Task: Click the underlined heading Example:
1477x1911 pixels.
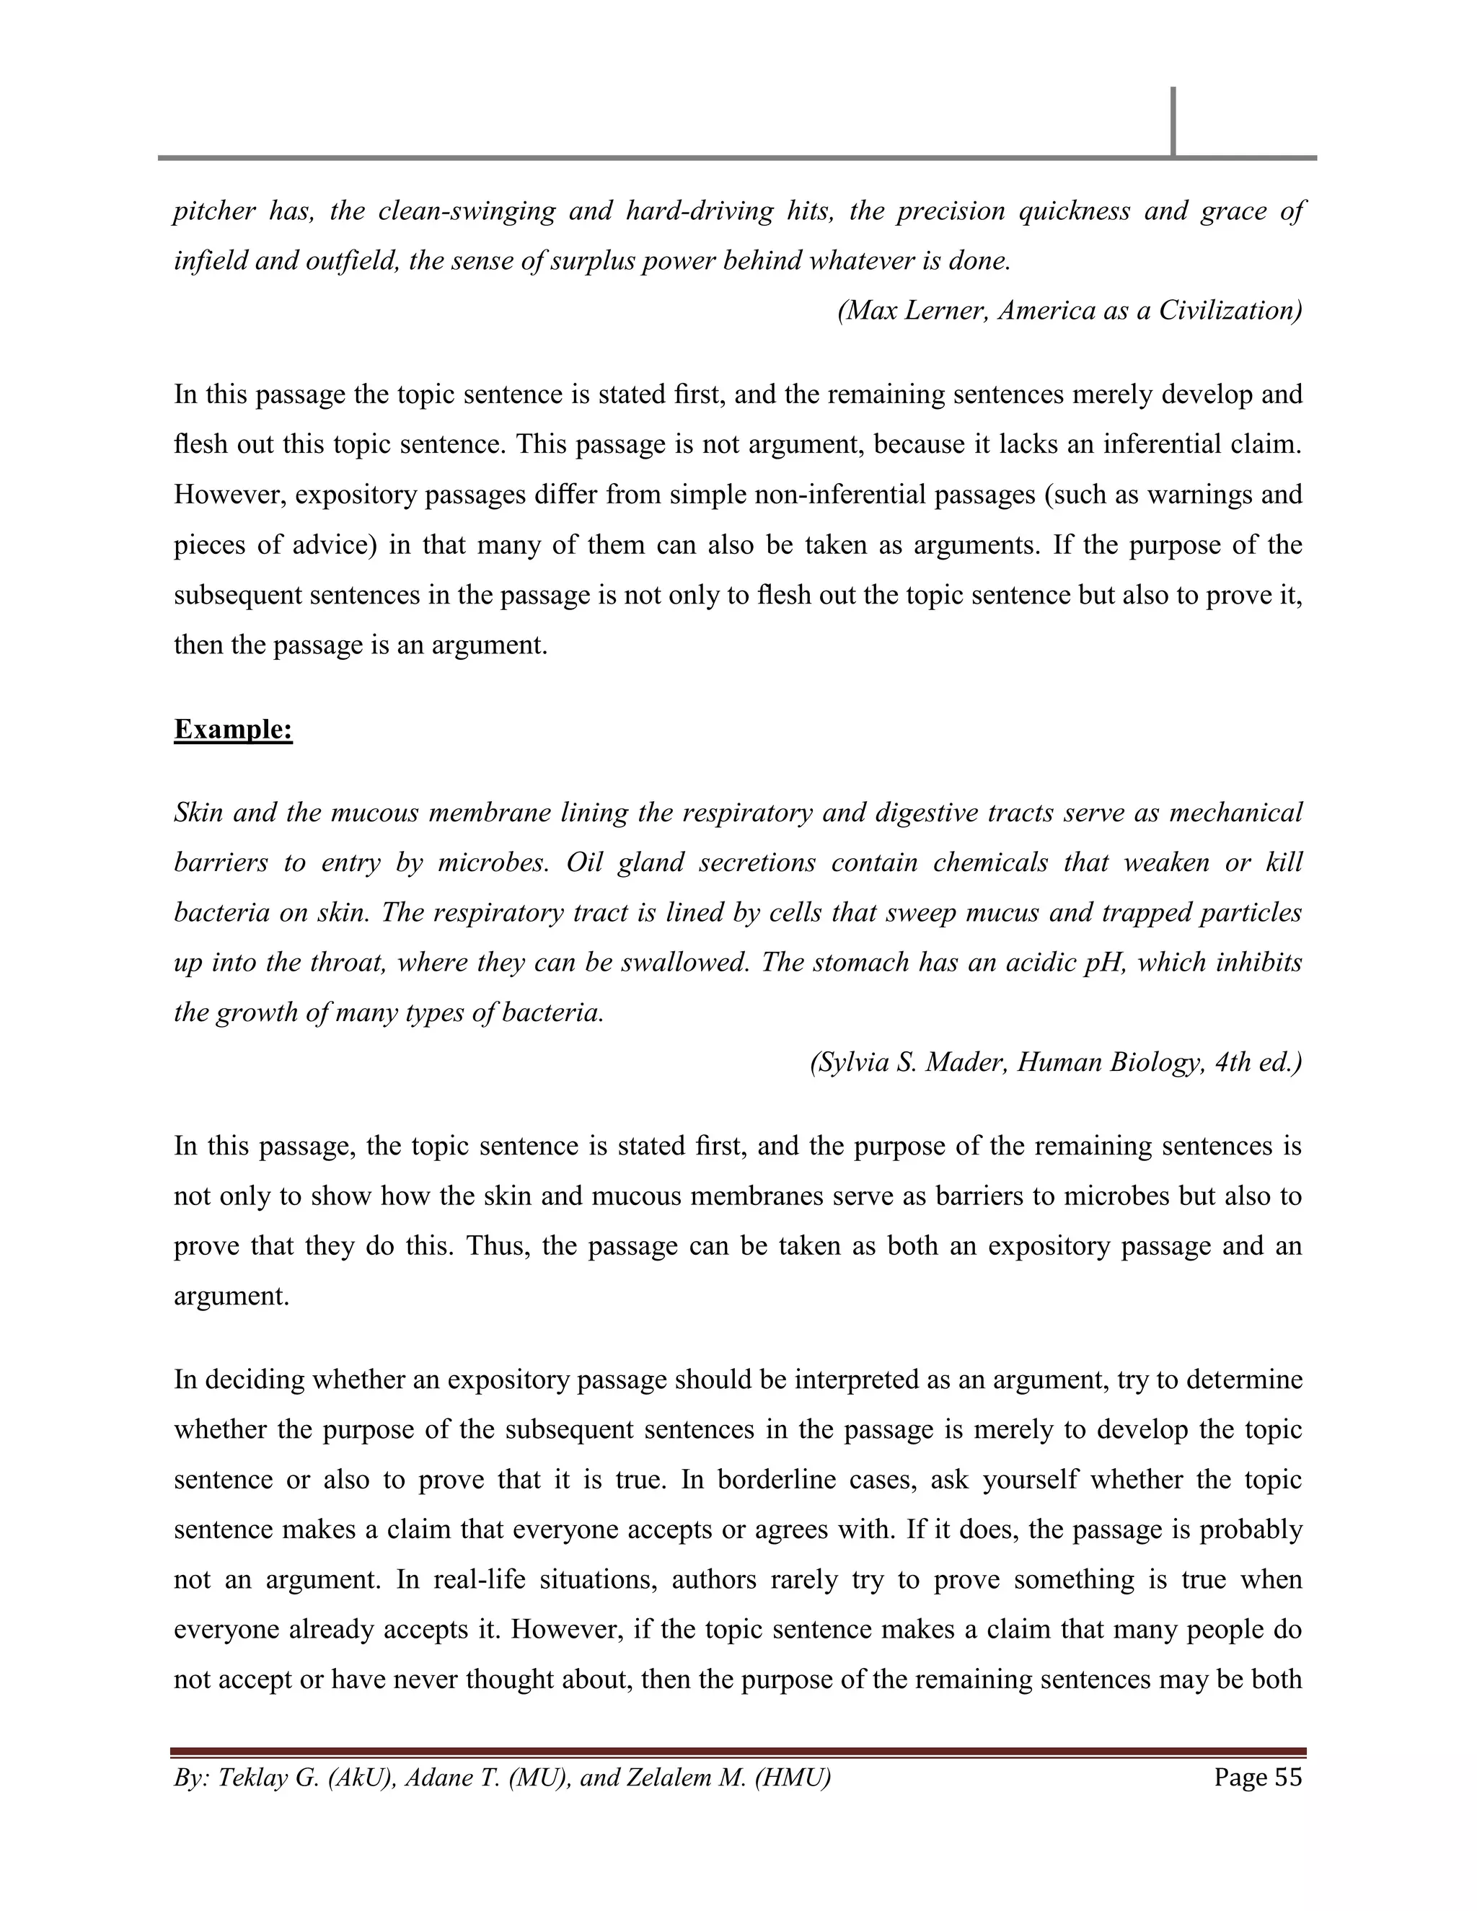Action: [233, 729]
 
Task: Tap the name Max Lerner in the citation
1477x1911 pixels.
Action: [912, 311]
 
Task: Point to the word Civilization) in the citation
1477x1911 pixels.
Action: [1230, 311]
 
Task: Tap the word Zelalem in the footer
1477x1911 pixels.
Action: [677, 1778]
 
